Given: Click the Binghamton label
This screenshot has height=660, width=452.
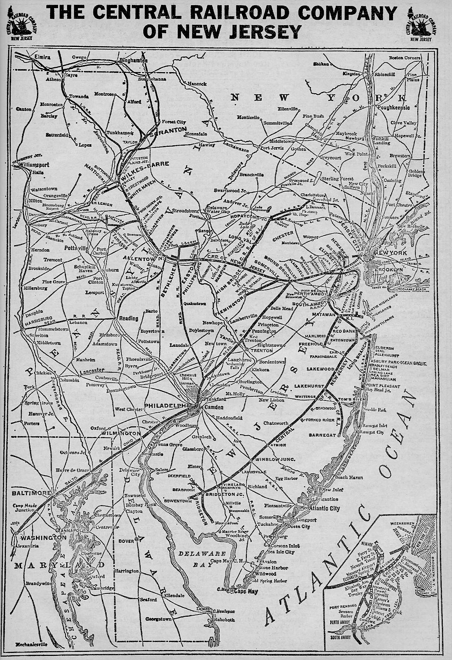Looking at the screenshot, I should (132, 61).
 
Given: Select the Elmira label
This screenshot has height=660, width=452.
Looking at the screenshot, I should (42, 57).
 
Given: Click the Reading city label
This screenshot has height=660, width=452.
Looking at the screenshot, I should (128, 318).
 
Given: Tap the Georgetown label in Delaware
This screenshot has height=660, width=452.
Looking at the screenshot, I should (159, 619).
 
